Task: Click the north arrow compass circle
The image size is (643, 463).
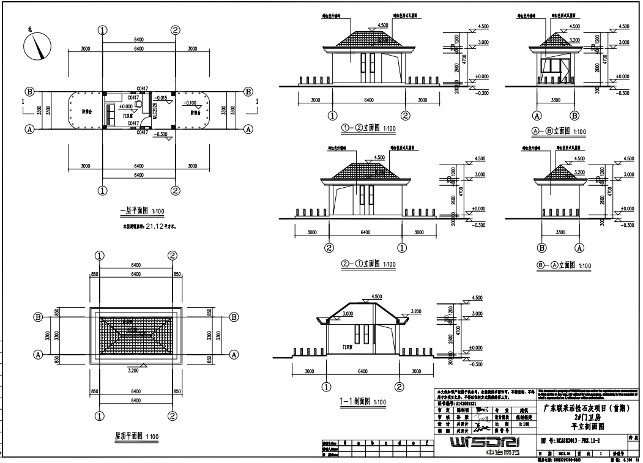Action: click(37, 46)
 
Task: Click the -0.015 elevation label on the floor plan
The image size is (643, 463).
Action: click(162, 98)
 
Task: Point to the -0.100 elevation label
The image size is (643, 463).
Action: click(191, 103)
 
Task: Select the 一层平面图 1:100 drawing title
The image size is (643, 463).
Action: click(141, 212)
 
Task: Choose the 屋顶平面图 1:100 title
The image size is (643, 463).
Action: click(137, 436)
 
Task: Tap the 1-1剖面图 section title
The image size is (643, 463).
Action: click(362, 402)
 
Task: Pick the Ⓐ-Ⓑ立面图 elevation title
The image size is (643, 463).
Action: click(559, 131)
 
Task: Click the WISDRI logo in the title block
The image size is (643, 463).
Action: click(483, 443)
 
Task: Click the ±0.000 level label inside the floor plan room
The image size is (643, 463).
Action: click(126, 106)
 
